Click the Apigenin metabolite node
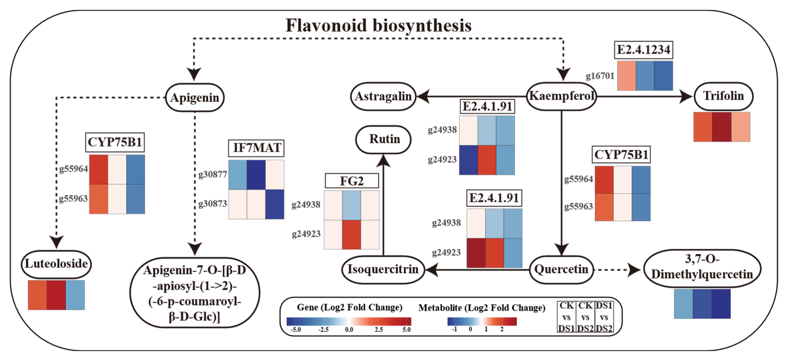[195, 98]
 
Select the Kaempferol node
[561, 96]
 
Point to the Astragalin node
[383, 97]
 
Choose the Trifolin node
[723, 96]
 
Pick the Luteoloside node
[56, 264]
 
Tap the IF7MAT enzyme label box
[256, 148]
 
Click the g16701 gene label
[600, 76]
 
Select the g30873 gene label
[213, 204]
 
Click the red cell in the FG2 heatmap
[351, 235]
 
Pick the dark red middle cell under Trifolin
[722, 127]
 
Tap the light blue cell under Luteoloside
[75, 295]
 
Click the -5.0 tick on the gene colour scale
[296, 330]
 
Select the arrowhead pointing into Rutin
[383, 160]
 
